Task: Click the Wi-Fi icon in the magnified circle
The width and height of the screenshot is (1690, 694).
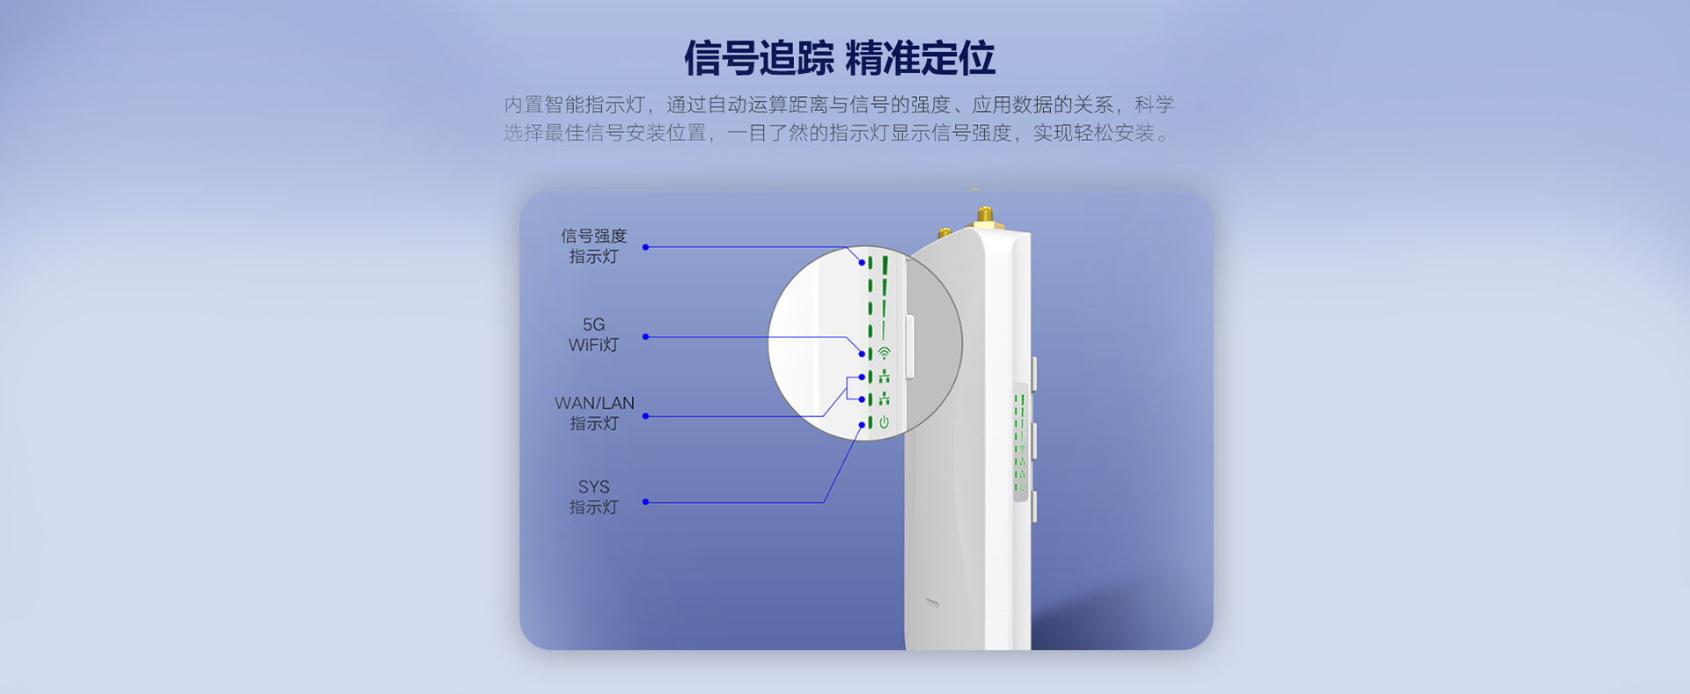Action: pyautogui.click(x=884, y=353)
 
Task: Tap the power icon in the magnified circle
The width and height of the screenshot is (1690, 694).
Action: pyautogui.click(x=884, y=422)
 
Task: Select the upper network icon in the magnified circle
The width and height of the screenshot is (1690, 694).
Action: pyautogui.click(x=884, y=376)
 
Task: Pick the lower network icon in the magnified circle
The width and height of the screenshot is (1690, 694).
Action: pyautogui.click(x=884, y=399)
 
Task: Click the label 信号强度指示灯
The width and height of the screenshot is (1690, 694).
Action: pyautogui.click(x=594, y=246)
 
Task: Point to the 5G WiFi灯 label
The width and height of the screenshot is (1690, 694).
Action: pyautogui.click(x=594, y=335)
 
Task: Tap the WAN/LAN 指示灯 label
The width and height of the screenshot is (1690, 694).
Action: pyautogui.click(x=594, y=413)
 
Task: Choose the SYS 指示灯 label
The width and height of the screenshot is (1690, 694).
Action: pyautogui.click(x=594, y=497)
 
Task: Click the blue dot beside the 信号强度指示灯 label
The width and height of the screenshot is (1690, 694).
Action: pyautogui.click(x=645, y=247)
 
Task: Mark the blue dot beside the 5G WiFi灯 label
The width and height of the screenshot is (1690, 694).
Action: pyautogui.click(x=645, y=337)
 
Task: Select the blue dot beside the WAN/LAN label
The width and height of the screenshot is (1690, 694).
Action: pyautogui.click(x=645, y=416)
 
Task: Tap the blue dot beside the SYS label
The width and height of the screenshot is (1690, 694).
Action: pyautogui.click(x=645, y=502)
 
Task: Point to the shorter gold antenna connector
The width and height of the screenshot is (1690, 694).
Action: pyautogui.click(x=944, y=233)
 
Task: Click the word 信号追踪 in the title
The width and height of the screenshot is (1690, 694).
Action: pyautogui.click(x=759, y=58)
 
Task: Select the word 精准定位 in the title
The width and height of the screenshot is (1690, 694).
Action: pyautogui.click(x=921, y=58)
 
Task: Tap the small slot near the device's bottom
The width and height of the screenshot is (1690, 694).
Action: pyautogui.click(x=932, y=603)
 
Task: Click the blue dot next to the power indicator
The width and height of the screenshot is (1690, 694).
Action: pyautogui.click(x=863, y=425)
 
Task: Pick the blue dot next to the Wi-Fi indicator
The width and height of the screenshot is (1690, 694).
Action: pyautogui.click(x=863, y=354)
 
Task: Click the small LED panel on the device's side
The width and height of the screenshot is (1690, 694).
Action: pyautogui.click(x=1020, y=442)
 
